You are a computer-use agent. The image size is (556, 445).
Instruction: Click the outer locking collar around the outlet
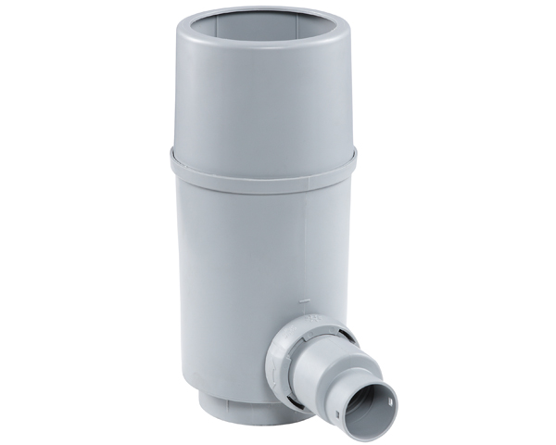[283, 352]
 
